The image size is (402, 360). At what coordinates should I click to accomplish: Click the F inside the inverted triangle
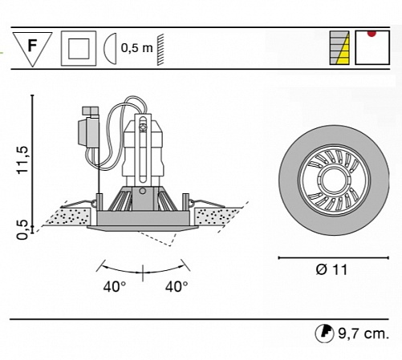pyautogui.click(x=32, y=45)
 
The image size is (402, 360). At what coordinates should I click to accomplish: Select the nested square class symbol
pyautogui.click(x=79, y=48)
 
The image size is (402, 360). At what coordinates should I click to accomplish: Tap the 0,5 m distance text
pyautogui.click(x=136, y=48)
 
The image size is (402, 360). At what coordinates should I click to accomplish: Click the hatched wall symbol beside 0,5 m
pyautogui.click(x=160, y=49)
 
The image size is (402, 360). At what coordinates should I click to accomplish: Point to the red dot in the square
pyautogui.click(x=372, y=34)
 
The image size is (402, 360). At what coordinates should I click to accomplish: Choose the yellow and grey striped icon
pyautogui.click(x=339, y=48)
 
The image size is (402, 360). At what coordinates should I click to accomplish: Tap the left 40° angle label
pyautogui.click(x=115, y=287)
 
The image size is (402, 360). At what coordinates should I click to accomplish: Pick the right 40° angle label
pyautogui.click(x=177, y=287)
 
